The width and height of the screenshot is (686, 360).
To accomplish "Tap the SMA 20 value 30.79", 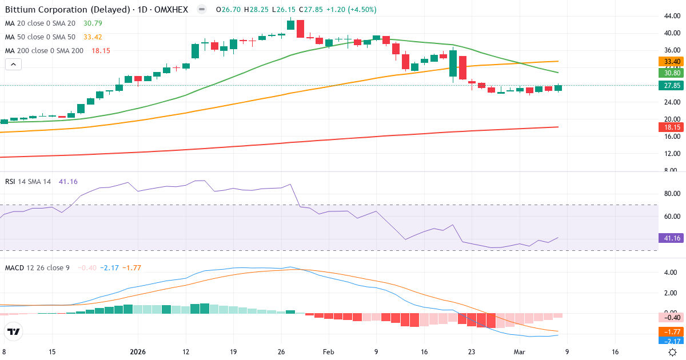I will tap(92, 23).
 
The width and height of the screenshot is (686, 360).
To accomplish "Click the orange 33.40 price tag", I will tap(669, 61).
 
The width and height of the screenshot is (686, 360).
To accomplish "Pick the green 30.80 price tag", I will tap(669, 73).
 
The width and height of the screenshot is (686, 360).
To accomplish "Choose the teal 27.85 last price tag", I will tap(669, 86).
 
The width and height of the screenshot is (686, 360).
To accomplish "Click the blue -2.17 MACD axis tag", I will tap(669, 341).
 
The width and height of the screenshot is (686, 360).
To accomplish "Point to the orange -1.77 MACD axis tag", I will tap(669, 331).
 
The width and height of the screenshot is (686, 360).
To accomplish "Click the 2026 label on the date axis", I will tap(137, 352).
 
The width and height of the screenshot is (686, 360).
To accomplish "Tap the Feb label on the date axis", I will tap(328, 352).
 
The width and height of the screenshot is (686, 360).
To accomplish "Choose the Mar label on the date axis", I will tap(520, 352).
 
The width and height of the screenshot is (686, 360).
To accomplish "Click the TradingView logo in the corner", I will tap(14, 331).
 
